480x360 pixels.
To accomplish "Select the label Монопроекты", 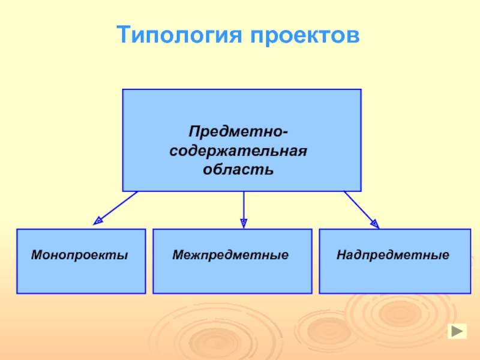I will click(80, 255).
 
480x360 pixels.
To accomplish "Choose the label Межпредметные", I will click(231, 255).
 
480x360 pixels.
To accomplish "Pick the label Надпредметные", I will click(393, 255).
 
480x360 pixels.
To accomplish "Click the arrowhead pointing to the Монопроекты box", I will click(98, 221).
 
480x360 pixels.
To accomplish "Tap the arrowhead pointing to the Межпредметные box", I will click(244, 223).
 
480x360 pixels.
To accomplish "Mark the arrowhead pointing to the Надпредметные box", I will click(374, 223).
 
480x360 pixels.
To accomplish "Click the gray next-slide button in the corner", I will click(457, 332).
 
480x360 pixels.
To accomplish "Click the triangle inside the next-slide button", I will click(458, 332).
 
